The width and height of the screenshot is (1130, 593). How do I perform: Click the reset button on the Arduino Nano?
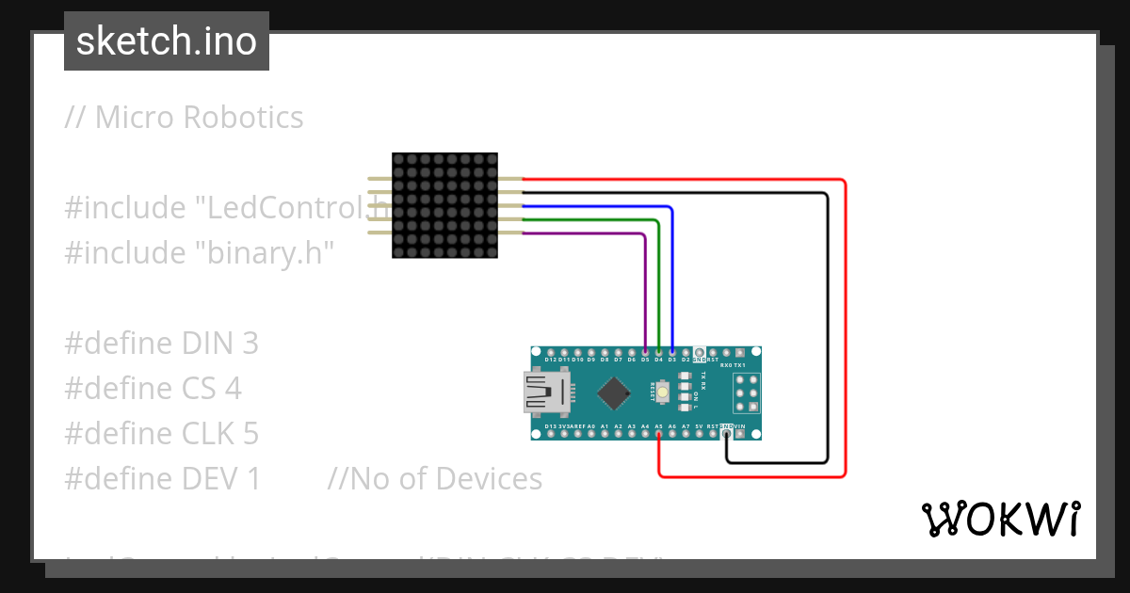tap(663, 392)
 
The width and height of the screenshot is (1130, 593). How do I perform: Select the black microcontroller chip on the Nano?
tap(614, 393)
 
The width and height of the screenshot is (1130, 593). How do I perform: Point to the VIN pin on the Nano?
tap(741, 434)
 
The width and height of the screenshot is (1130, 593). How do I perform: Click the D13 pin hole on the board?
tap(550, 434)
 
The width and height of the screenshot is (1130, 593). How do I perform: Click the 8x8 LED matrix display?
tap(444, 205)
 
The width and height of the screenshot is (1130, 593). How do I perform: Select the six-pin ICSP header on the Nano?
tap(748, 392)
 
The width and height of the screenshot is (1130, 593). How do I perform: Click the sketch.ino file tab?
tap(167, 41)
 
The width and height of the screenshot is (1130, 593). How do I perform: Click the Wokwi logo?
tap(1000, 519)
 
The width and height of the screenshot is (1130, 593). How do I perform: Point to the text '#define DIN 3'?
tap(161, 343)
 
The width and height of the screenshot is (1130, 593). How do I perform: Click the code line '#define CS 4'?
tap(153, 388)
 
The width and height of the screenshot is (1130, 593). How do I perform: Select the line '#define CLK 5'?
tap(161, 433)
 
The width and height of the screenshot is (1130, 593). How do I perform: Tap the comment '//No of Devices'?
tap(434, 478)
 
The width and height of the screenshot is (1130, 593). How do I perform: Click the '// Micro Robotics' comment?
tap(184, 117)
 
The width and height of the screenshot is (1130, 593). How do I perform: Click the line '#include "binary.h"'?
tap(200, 252)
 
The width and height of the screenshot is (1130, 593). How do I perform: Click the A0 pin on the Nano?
tap(590, 434)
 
